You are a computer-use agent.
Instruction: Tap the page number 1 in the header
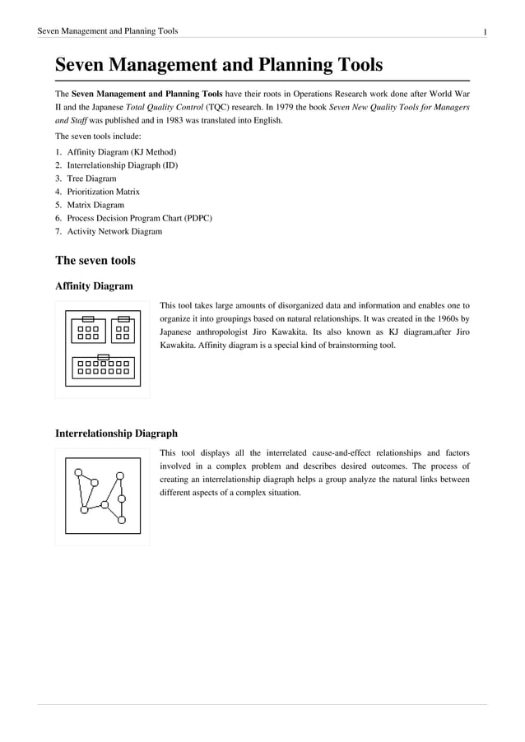[486, 31]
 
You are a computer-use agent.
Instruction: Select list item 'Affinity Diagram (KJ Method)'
[121, 152]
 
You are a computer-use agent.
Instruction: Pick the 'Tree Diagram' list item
[91, 179]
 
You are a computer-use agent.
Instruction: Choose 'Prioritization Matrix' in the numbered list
[103, 192]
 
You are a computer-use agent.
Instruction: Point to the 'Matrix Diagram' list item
[95, 205]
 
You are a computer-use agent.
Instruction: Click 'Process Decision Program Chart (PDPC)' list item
[139, 218]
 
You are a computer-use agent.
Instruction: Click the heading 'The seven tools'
[95, 261]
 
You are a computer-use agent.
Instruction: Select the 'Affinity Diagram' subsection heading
[94, 286]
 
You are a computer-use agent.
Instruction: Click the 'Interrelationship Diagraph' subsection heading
[115, 433]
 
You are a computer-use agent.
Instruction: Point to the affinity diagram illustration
[102, 349]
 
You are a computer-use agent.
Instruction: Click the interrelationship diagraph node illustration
[102, 495]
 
